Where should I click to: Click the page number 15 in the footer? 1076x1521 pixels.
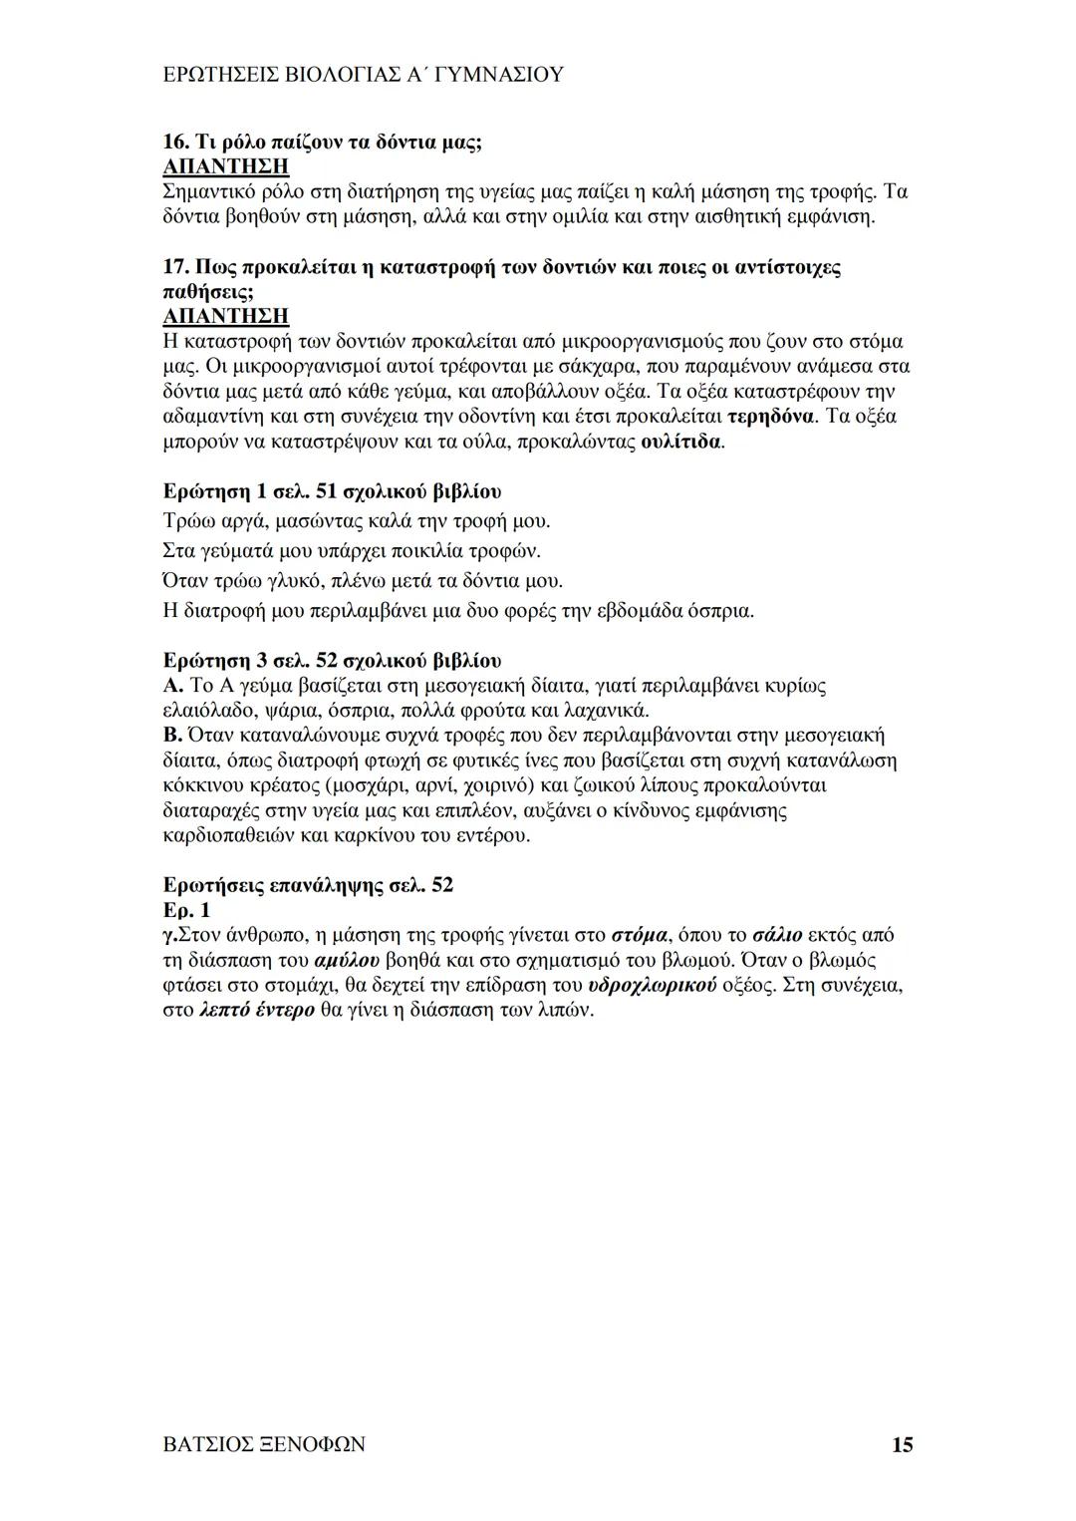(902, 1444)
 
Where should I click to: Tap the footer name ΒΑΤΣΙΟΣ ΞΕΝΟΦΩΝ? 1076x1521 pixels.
(263, 1444)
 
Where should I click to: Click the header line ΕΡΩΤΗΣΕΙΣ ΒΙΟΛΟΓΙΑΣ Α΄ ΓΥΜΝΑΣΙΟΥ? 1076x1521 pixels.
(363, 74)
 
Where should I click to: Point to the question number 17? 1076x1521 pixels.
(174, 268)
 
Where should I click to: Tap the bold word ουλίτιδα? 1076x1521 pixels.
(680, 441)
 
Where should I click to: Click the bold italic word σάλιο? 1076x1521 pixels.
(777, 935)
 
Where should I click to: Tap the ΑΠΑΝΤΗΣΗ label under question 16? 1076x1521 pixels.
(225, 166)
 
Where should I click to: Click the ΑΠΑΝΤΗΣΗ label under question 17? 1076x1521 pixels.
(225, 317)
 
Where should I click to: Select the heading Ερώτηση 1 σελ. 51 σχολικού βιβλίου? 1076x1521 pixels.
(332, 491)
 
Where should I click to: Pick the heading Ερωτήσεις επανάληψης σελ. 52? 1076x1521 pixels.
(308, 885)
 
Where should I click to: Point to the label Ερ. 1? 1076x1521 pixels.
(186, 910)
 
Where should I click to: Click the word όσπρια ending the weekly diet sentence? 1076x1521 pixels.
(719, 611)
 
